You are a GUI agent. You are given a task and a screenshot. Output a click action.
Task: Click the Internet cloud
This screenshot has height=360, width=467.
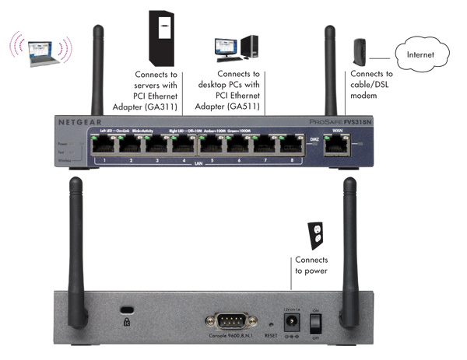pyautogui.click(x=423, y=55)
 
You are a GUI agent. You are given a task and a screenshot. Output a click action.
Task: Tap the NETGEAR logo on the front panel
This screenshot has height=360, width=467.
pyautogui.click(x=78, y=122)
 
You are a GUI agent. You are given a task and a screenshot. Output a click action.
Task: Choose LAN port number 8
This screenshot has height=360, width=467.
pyautogui.click(x=291, y=146)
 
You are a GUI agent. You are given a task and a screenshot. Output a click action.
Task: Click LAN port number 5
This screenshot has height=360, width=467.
pyautogui.click(x=211, y=146)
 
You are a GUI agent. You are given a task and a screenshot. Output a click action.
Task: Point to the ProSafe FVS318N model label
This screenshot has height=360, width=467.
pyautogui.click(x=353, y=123)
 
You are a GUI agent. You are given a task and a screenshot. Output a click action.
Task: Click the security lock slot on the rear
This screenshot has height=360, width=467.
pyautogui.click(x=126, y=319)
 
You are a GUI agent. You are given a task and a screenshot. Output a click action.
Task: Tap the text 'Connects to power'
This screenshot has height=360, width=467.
pyautogui.click(x=311, y=265)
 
